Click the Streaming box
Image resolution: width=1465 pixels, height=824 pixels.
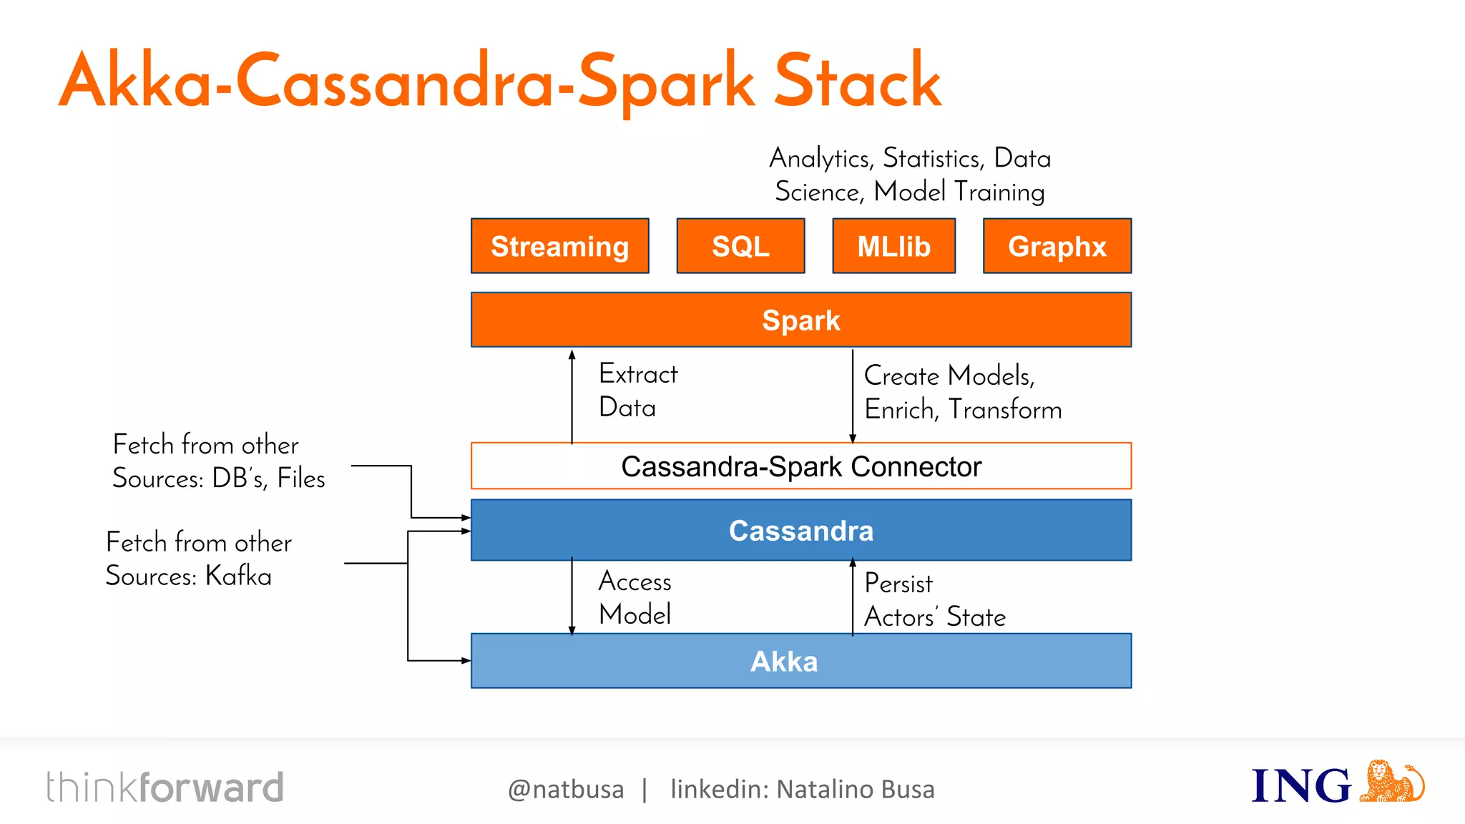559,246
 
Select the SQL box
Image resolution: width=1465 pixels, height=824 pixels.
740,246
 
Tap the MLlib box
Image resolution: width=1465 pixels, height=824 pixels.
893,246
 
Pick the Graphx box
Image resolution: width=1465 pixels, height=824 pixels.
1057,246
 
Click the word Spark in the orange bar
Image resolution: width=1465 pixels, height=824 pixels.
800,320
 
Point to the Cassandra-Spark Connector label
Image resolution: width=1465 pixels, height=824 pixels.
800,466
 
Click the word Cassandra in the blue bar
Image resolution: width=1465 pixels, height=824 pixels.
800,531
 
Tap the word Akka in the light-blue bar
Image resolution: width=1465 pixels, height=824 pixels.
783,662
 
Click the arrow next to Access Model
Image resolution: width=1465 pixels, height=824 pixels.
572,597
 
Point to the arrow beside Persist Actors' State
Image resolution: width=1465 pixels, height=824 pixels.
852,597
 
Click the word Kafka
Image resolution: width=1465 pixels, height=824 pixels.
238,576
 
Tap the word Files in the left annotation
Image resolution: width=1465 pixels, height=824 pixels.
301,478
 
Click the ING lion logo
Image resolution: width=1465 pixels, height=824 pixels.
1391,782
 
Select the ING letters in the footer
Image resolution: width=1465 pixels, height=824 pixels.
1300,786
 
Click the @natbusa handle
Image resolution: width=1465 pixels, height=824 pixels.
565,789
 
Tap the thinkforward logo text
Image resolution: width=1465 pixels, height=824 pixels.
165,788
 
